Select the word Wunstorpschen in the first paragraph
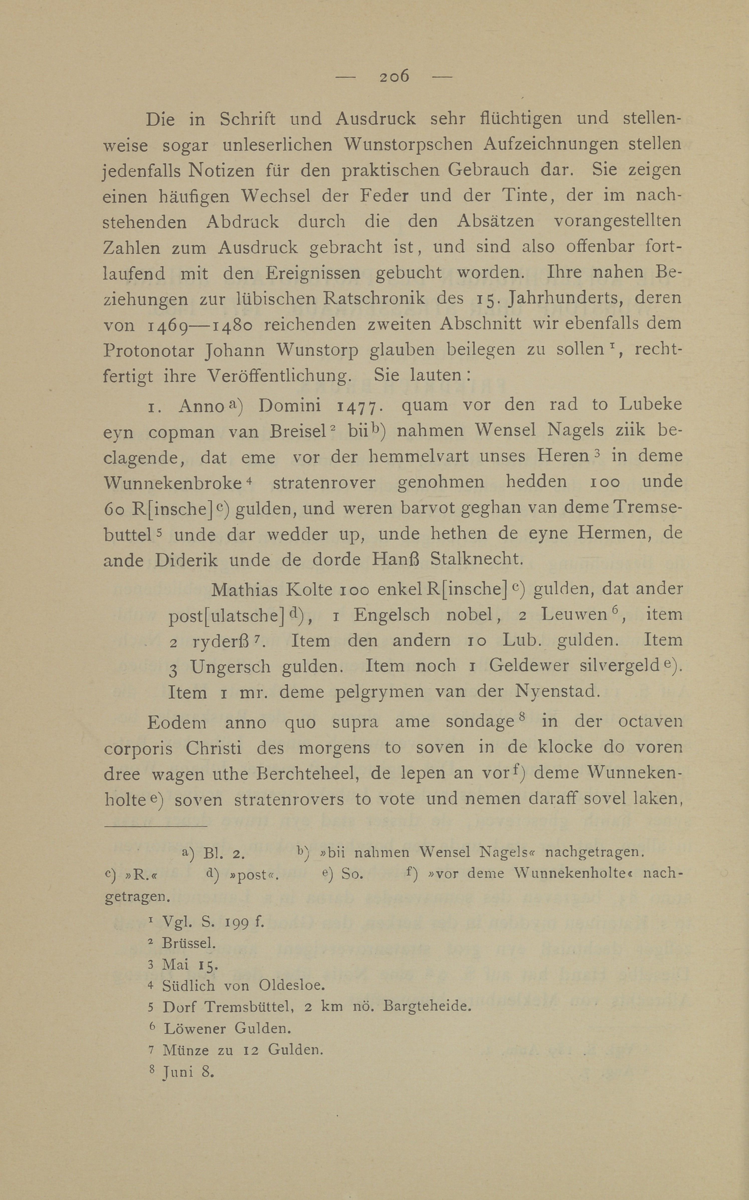(406, 144)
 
